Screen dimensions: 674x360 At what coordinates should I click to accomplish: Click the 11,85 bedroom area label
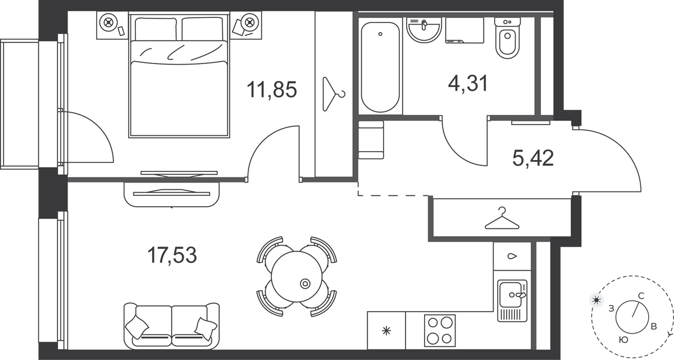click(x=272, y=90)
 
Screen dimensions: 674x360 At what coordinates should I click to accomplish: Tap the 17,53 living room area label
click(x=172, y=256)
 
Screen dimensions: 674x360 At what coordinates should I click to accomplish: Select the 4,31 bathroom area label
click(x=467, y=83)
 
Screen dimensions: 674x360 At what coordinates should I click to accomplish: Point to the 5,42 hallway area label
click(x=533, y=158)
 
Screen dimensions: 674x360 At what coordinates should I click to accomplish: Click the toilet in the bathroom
click(x=508, y=38)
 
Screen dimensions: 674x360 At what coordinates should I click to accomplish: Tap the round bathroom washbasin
click(x=424, y=30)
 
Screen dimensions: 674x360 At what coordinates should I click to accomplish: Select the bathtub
click(x=380, y=67)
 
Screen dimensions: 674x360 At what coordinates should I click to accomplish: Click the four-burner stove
click(x=440, y=331)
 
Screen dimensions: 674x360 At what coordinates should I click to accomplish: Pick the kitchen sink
click(x=512, y=301)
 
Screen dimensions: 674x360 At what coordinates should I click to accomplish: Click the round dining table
click(x=297, y=277)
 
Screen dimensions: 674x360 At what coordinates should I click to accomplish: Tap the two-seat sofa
click(x=171, y=326)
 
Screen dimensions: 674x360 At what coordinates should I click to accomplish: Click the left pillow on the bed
click(x=156, y=29)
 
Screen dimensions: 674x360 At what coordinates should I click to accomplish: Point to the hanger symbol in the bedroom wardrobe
click(x=333, y=94)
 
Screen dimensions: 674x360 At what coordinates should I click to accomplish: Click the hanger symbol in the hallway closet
click(x=502, y=218)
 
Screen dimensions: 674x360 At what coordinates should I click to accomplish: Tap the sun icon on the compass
click(x=596, y=300)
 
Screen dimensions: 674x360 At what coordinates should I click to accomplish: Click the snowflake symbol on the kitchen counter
click(x=386, y=331)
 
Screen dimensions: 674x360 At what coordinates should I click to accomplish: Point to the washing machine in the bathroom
click(x=464, y=30)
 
